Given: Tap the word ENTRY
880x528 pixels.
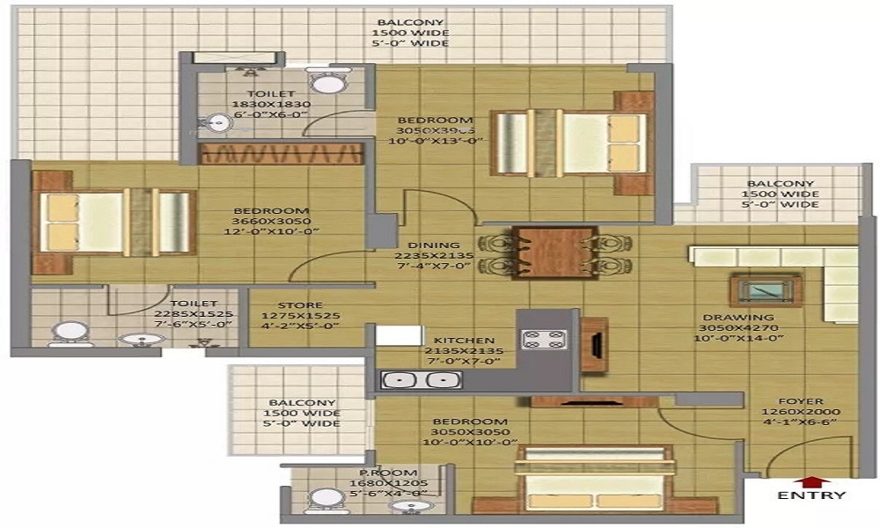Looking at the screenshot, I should [810, 495].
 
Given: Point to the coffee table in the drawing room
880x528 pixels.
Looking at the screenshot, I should [765, 290].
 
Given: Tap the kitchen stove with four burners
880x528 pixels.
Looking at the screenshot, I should [537, 338].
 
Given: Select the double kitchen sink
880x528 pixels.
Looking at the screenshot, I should [420, 380].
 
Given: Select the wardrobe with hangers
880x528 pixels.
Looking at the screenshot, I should [281, 155].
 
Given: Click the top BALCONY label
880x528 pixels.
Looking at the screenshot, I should [412, 23].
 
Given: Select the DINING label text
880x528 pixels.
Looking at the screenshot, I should [433, 245].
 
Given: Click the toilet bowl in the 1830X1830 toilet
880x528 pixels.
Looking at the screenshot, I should [329, 83].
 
